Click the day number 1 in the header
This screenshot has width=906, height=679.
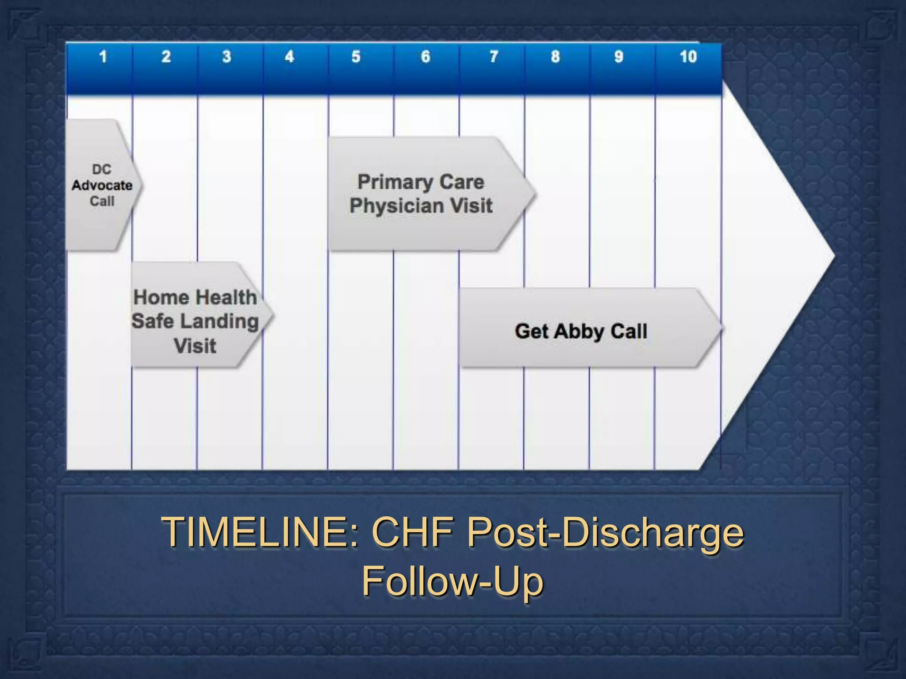pos(103,57)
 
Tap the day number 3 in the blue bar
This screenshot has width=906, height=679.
pos(226,57)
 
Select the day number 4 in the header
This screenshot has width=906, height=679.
pos(289,57)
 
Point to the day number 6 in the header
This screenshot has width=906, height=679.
pos(425,57)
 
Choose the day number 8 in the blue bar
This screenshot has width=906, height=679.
pos(555,57)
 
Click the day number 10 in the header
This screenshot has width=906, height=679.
pos(688,57)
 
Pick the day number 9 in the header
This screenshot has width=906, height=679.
pos(619,57)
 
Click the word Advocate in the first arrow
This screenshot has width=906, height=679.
pos(102,185)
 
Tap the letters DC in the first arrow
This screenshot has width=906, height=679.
pos(102,169)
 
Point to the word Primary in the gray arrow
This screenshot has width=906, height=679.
pos(389,182)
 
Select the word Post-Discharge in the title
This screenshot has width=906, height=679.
pos(605,533)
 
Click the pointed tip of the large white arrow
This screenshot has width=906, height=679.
pos(833,255)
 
